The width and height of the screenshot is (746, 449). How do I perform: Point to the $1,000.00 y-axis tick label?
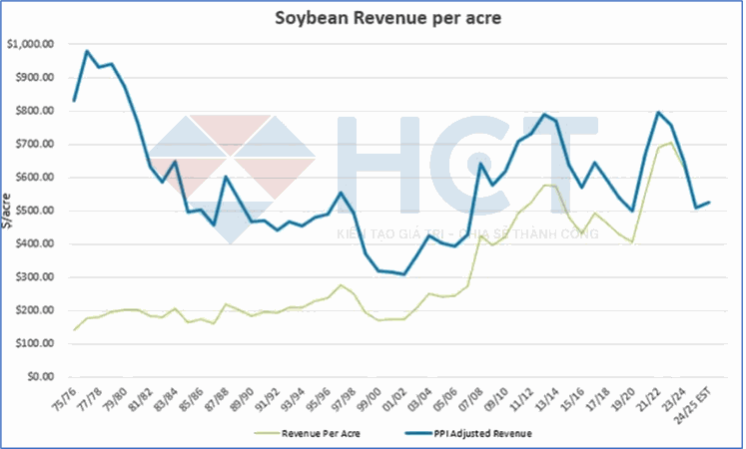point(31,44)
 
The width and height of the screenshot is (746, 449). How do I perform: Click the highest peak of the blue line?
point(88,51)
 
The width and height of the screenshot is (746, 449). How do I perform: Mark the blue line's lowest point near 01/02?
point(403,273)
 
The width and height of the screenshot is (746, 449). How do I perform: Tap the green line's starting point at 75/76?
point(75,329)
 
